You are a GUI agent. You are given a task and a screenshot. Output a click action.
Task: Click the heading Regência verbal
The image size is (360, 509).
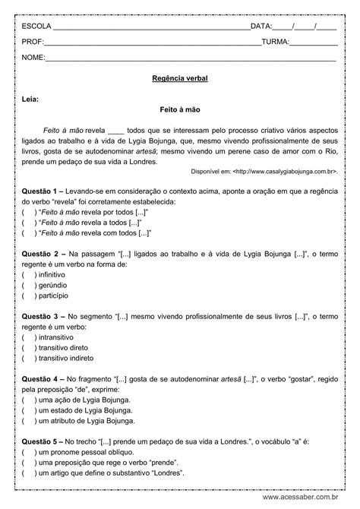click(180, 78)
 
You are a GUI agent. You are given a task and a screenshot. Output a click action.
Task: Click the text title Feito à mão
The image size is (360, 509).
click(180, 109)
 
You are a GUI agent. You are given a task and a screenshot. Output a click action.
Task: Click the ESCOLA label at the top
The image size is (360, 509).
click(36, 27)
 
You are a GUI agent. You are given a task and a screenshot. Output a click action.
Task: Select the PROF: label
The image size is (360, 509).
click(33, 43)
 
